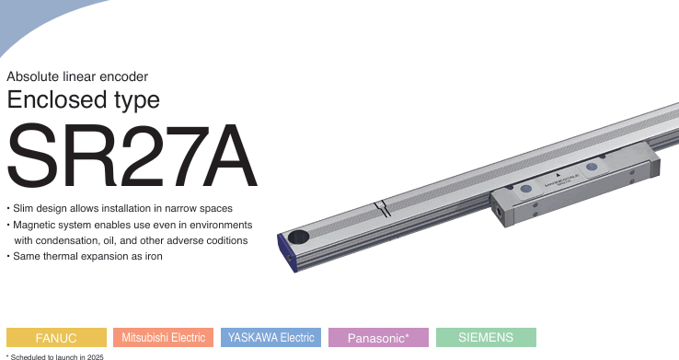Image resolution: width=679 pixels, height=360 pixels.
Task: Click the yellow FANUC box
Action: [x=55, y=337]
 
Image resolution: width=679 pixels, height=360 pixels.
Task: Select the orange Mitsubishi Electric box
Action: [x=163, y=337]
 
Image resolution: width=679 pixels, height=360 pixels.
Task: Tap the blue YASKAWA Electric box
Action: [x=270, y=337]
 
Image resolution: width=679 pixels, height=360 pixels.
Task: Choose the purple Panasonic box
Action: [x=378, y=337]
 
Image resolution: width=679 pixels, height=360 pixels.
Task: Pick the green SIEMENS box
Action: [x=485, y=337]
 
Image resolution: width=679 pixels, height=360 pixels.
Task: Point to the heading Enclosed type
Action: [x=83, y=100]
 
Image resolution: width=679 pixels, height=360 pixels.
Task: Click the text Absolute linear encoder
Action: [x=77, y=76]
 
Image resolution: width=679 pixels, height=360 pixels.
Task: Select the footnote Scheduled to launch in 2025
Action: [x=54, y=355]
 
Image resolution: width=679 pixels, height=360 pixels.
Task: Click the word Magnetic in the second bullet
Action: [x=39, y=225]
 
